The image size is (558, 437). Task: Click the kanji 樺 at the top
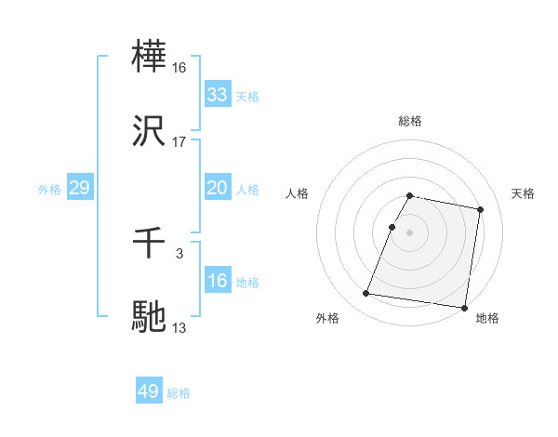point(151,59)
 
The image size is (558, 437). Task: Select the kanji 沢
point(151,133)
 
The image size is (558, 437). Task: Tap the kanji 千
point(151,245)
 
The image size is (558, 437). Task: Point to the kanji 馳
point(151,318)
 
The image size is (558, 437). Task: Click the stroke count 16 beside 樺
point(179,68)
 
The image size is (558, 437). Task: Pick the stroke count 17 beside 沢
point(179,142)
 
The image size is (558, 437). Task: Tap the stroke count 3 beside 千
point(179,254)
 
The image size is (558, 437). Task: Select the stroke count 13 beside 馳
point(179,327)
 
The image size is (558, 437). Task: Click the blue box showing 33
point(217,95)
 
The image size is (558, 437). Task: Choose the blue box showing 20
point(217,188)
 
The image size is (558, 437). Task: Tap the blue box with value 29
point(79,188)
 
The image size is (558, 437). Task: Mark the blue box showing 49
point(148,391)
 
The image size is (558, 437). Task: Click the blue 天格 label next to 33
point(247,96)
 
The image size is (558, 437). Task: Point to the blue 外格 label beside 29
point(49,189)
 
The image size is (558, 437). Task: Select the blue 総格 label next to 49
point(179,392)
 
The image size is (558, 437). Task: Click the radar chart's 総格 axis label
point(410,121)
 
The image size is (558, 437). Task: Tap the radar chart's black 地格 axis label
point(487,318)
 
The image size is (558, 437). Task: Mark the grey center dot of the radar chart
point(410,232)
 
